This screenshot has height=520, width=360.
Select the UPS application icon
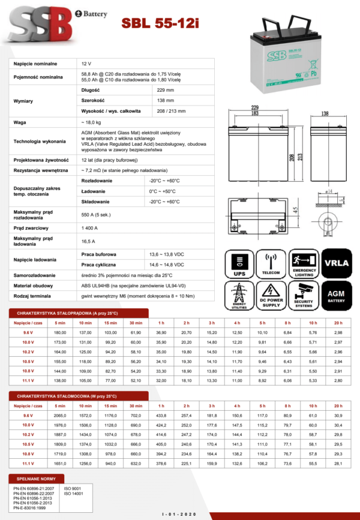[x=240, y=264]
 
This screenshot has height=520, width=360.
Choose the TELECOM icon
[x=272, y=264]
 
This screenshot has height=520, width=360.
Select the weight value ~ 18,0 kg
[x=91, y=122]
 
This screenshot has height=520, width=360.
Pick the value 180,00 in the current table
[x=60, y=332]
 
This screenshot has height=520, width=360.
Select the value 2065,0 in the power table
[x=60, y=415]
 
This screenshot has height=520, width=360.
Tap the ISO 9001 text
[x=73, y=489]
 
